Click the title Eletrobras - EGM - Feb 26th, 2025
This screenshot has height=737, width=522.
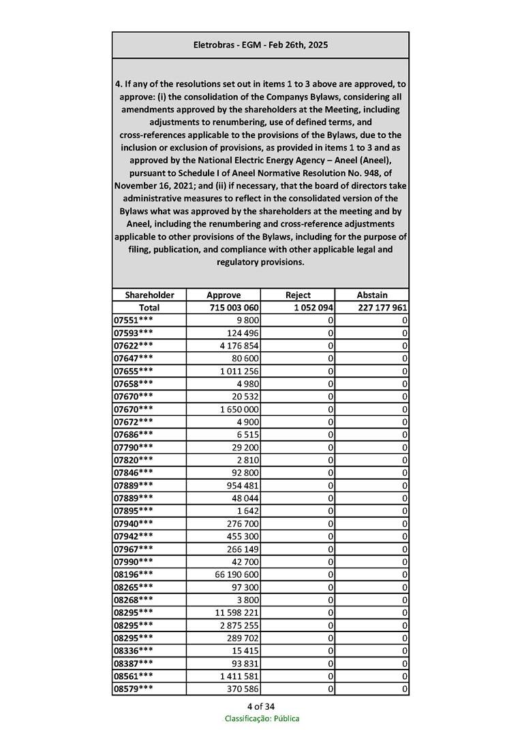260,45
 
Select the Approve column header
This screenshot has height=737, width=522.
223,295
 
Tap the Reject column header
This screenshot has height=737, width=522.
298,295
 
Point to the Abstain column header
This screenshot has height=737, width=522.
372,295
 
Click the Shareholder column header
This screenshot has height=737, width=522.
149,295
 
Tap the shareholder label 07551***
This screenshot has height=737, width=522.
134,320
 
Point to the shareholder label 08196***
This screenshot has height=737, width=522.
134,574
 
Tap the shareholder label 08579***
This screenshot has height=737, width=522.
134,689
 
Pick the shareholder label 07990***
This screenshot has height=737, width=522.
134,561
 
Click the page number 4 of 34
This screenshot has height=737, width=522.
261,706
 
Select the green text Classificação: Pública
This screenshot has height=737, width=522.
262,718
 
